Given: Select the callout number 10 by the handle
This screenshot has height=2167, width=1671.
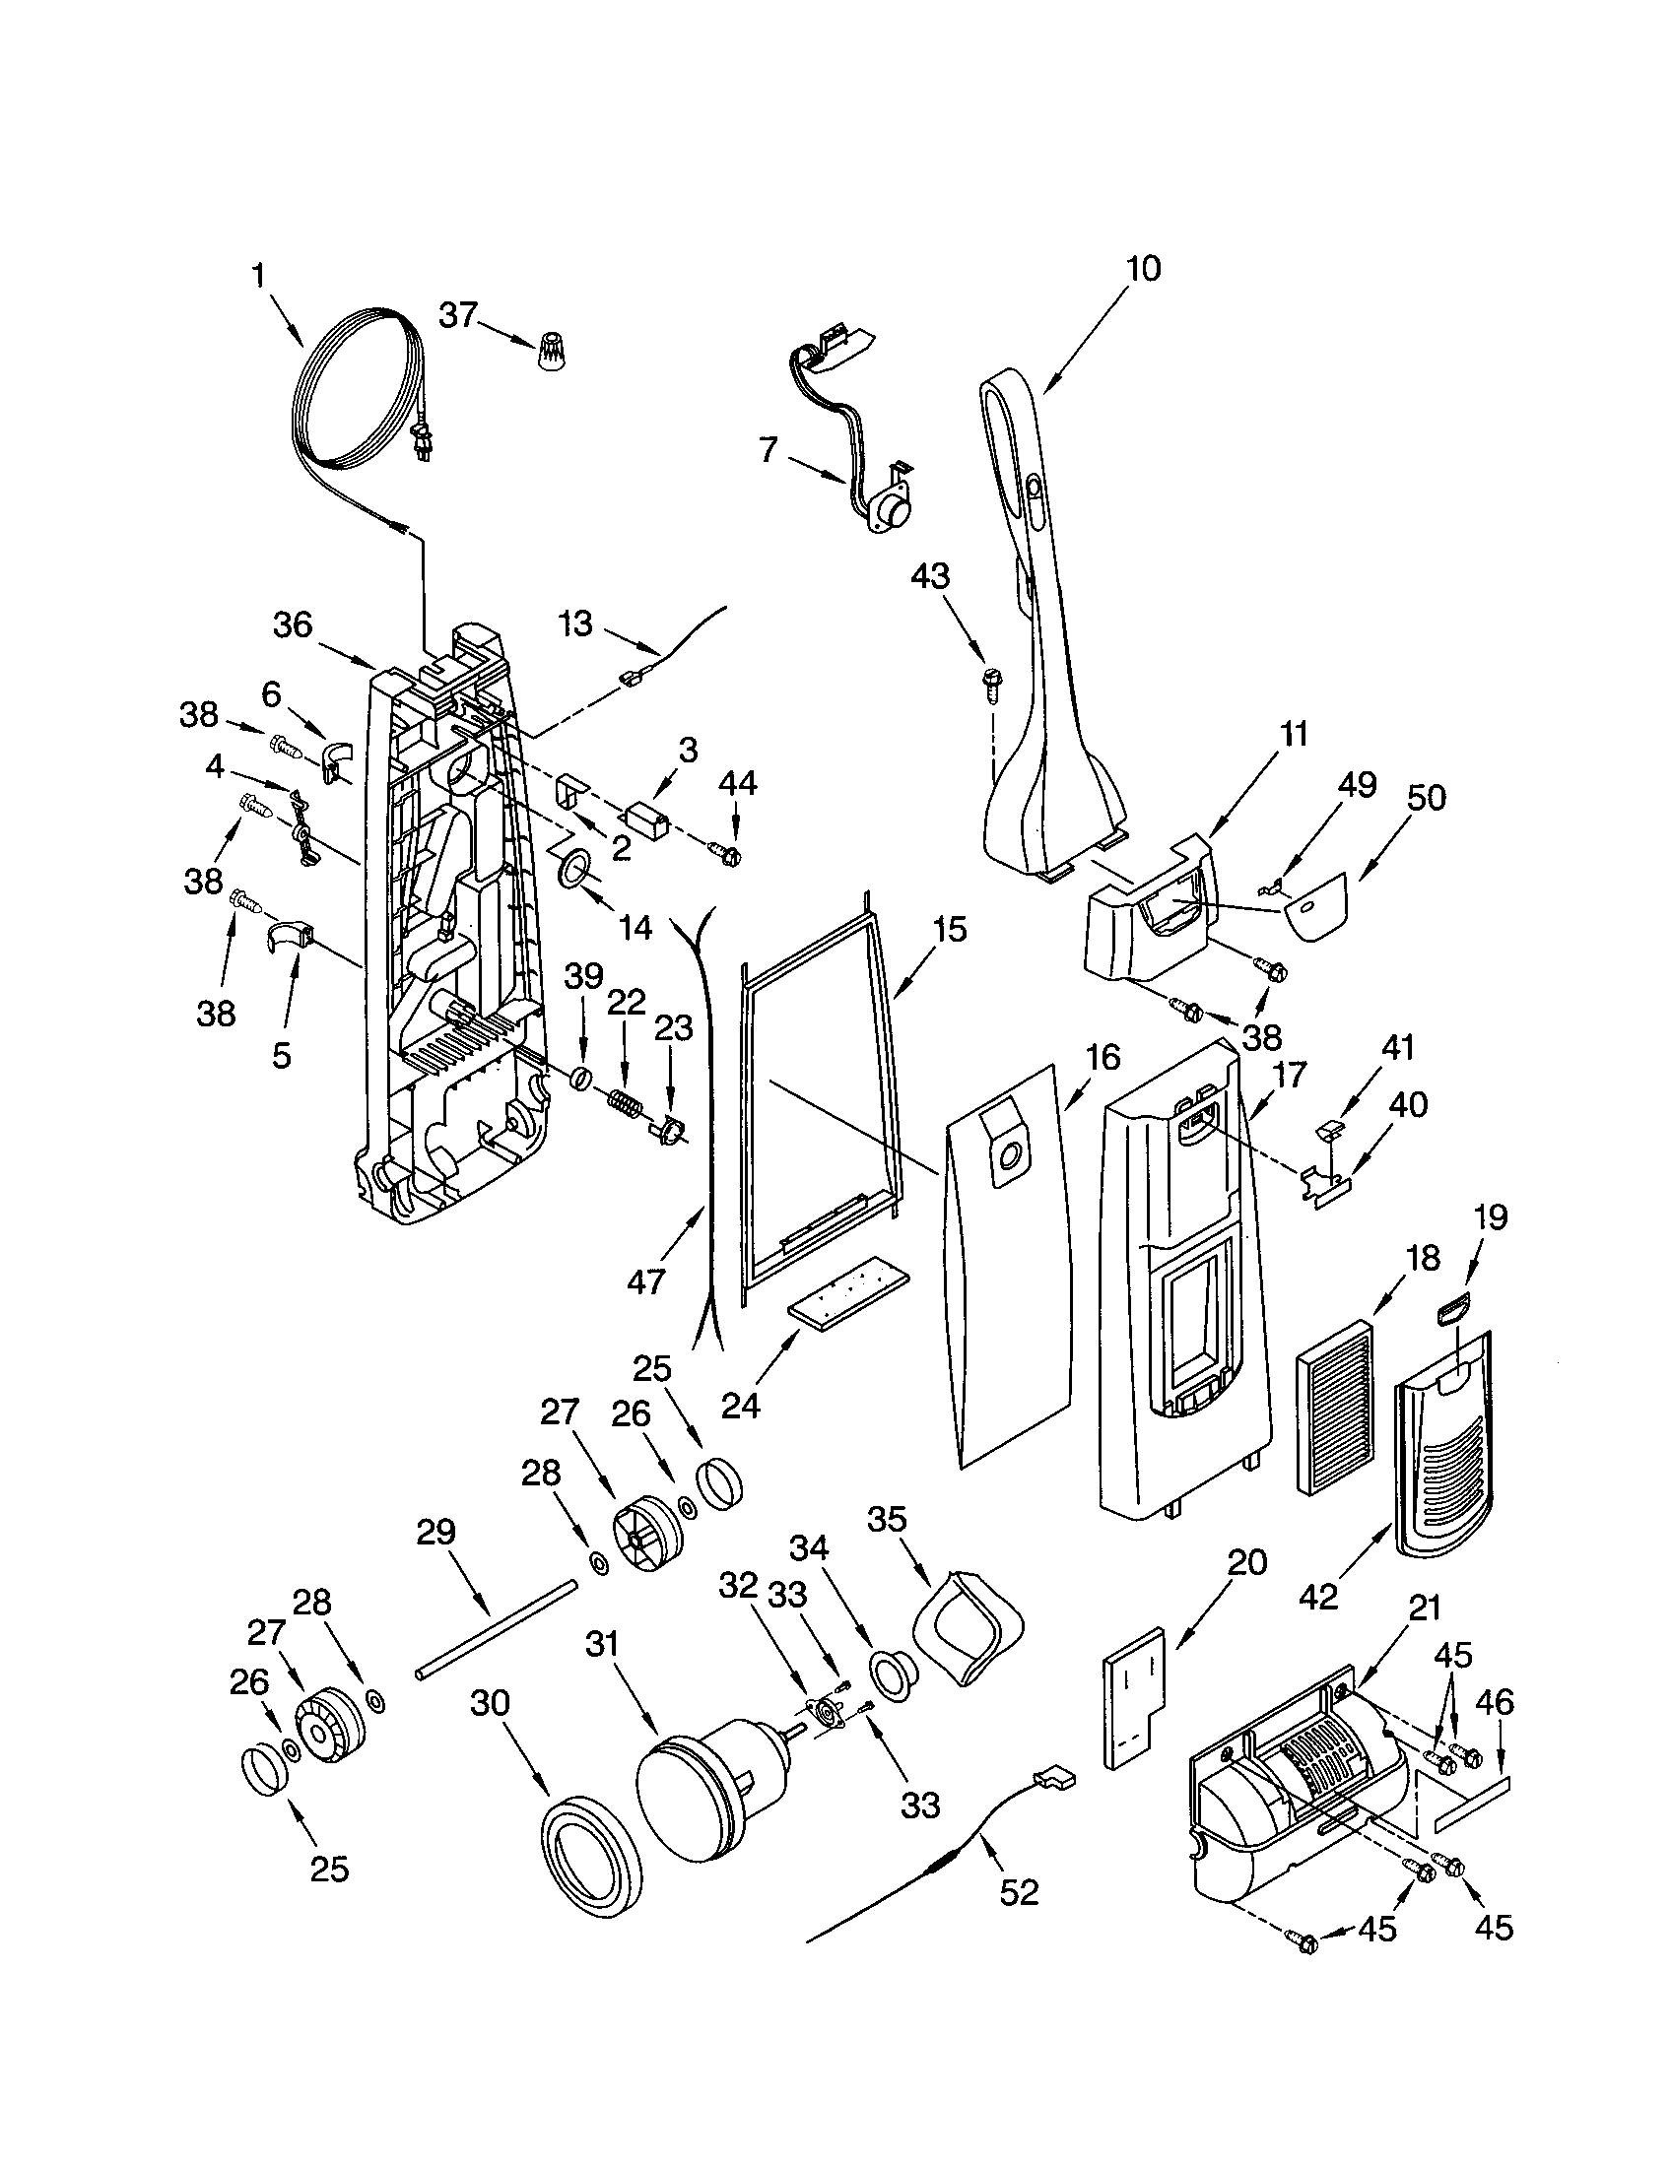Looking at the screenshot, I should click(x=1143, y=269).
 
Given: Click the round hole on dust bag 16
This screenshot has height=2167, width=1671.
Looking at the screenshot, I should click(x=1011, y=1154).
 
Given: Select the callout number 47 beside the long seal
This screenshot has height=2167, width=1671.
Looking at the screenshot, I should click(x=645, y=1281).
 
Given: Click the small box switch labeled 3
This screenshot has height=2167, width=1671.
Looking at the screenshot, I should click(x=645, y=822).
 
